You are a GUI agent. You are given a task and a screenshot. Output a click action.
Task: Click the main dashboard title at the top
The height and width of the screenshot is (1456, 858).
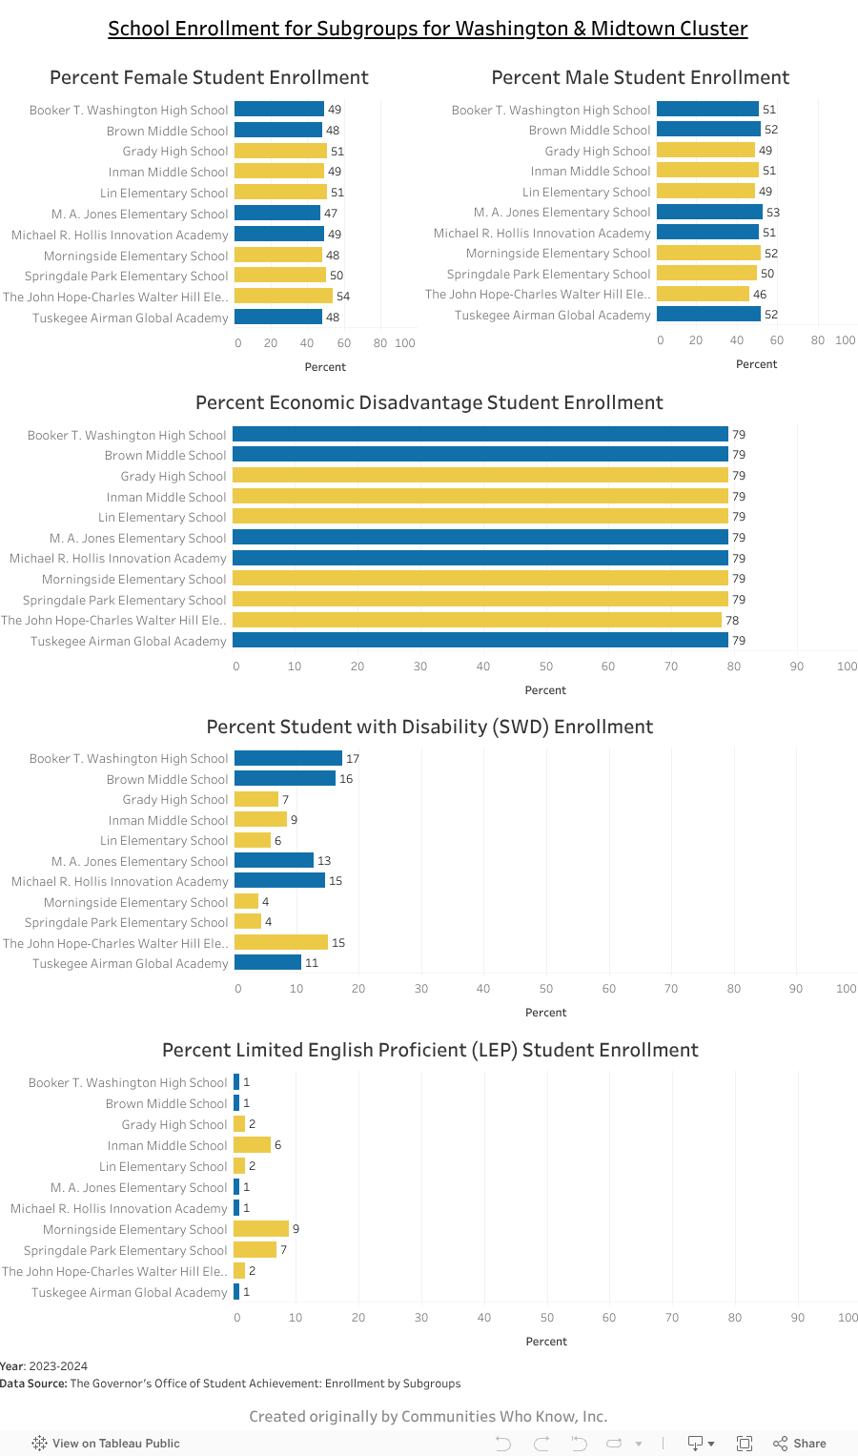pos(428,29)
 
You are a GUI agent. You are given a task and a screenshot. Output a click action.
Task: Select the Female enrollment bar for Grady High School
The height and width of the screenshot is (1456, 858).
pos(280,151)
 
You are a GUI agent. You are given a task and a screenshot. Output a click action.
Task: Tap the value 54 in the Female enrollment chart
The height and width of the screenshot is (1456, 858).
pos(343,297)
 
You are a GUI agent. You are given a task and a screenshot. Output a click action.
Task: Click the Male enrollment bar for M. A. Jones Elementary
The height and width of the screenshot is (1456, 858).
pos(709,212)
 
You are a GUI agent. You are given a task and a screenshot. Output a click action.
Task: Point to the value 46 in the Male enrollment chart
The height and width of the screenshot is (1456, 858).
pos(760,295)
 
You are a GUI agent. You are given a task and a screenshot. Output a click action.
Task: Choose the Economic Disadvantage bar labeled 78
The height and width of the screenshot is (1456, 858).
pos(477,620)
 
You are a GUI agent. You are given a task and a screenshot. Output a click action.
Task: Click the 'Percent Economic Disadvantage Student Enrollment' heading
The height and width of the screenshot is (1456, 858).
pos(429,402)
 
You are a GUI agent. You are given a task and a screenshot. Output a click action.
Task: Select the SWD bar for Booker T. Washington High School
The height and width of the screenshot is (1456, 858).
pos(288,758)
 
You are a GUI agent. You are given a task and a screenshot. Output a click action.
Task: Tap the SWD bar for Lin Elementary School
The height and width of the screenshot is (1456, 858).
pos(253,840)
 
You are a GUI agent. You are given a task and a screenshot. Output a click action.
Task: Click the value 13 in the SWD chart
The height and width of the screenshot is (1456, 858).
pos(324,861)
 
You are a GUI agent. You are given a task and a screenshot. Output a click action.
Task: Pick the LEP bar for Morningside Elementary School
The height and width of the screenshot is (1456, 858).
pos(260,1228)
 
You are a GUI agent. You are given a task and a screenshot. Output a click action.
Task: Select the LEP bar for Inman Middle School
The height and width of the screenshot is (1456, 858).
pos(252,1144)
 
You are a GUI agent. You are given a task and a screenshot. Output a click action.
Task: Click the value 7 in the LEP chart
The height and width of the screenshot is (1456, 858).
pos(283,1249)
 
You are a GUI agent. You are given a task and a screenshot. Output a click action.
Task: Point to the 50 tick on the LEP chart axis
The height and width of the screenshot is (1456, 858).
pos(547,1317)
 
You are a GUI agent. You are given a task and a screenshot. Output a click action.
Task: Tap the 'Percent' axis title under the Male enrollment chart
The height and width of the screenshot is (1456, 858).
pos(756,364)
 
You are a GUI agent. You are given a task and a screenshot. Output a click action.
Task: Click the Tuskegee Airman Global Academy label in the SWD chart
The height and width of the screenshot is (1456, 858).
pos(130,963)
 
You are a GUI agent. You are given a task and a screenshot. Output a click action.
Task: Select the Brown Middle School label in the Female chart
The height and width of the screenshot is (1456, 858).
pos(167,131)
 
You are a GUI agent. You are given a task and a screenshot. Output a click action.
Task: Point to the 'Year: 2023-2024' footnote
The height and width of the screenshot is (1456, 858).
pos(44,1366)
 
